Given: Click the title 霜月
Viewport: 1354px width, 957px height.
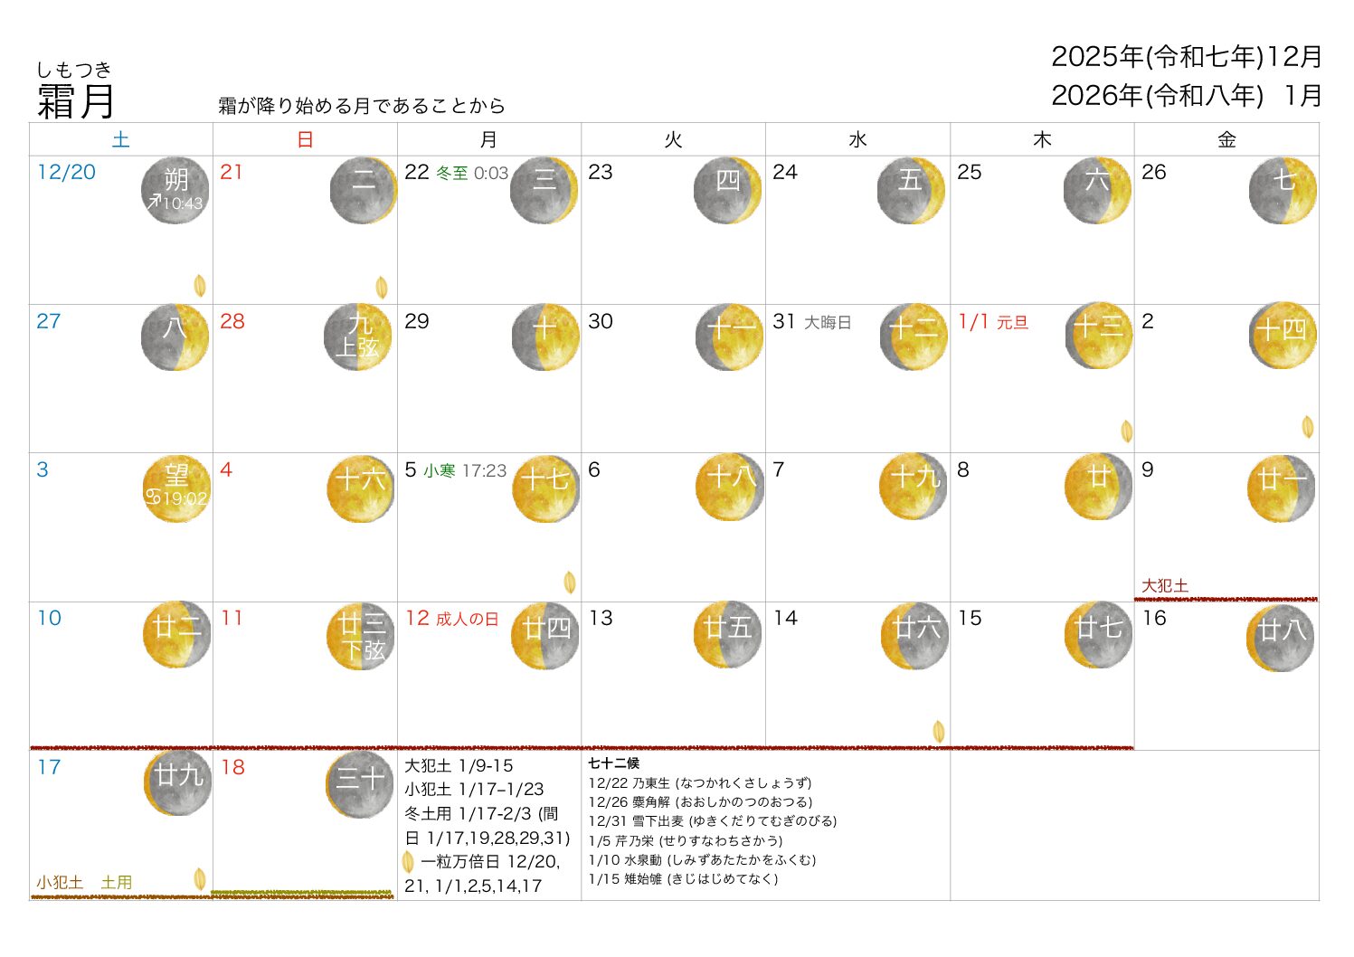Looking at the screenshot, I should point(76,100).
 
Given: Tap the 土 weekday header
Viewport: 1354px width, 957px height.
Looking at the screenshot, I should point(121,139).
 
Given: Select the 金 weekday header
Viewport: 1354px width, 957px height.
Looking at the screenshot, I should point(1226,139).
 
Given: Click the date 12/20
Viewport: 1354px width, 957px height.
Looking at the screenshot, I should point(66,172).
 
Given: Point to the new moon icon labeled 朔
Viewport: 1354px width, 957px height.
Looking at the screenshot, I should point(175,190).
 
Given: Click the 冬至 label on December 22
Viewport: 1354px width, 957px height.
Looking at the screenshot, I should point(452,173).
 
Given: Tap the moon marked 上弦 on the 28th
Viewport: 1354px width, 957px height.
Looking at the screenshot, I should point(358,336).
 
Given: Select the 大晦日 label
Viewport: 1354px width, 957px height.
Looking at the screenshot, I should point(828,322).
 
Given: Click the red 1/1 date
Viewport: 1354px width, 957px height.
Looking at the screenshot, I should point(974,321).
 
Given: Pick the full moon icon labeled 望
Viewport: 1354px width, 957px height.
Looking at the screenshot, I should point(176,488).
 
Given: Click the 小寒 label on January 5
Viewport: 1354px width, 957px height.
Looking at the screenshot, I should point(440,470).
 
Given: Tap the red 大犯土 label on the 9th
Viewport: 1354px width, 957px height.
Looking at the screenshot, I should point(1164,585).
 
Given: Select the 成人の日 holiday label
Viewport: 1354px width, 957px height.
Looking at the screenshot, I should point(467,619).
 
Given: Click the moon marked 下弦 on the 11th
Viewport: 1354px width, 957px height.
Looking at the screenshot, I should point(361,636).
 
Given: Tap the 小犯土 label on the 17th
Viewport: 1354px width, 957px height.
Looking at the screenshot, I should point(60,882).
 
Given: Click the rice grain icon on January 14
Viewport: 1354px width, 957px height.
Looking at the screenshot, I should point(939,731).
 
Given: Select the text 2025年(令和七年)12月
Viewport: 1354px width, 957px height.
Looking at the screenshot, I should point(1186,56).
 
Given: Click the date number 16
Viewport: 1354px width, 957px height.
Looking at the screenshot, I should point(1154,618).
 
